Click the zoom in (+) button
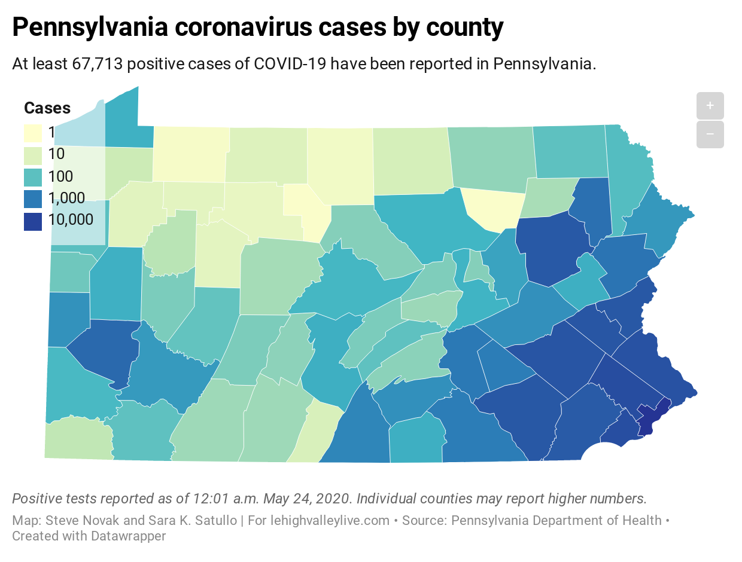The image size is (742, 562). click(710, 106)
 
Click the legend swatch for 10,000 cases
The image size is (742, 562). click(33, 220)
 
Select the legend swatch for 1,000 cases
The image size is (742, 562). click(33, 198)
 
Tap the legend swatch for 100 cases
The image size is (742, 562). click(33, 176)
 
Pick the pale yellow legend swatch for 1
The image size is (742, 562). click(33, 133)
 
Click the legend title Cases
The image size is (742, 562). click(47, 108)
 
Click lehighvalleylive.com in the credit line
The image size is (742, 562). click(324, 521)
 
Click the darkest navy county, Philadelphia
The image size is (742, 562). click(648, 419)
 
